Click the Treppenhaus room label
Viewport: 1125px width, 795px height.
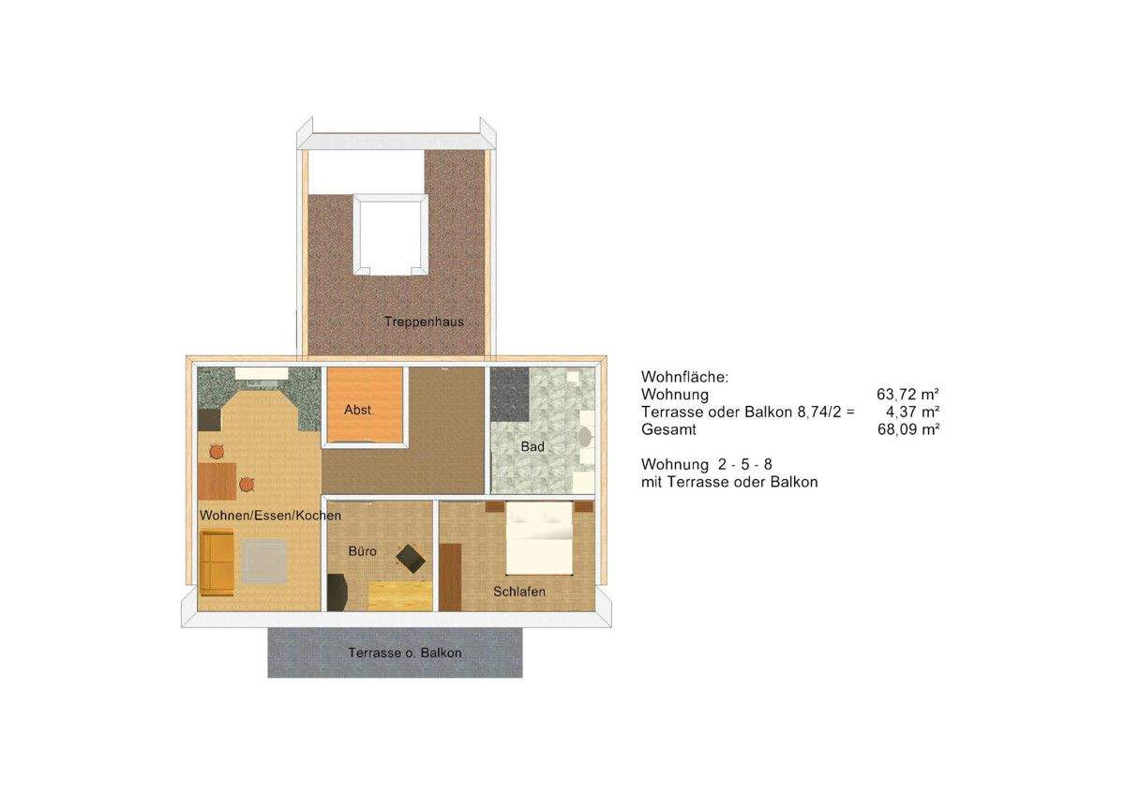424,322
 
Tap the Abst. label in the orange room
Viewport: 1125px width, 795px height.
359,411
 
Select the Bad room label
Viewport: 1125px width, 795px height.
532,447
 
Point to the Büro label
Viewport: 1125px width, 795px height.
363,551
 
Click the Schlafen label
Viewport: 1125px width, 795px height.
519,592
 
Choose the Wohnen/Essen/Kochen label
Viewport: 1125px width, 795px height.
270,516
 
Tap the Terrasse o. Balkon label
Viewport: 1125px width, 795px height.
404,652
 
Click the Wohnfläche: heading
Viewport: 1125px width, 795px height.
684,377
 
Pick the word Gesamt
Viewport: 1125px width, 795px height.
668,429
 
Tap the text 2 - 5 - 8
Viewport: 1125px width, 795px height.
750,464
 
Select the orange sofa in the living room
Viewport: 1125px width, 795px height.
217,562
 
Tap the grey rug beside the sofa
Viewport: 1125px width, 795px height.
266,562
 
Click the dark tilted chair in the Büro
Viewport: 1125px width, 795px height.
411,558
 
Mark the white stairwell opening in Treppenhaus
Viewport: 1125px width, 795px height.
389,234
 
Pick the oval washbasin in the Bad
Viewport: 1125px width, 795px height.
584,437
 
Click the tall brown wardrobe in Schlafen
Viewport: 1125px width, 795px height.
450,576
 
